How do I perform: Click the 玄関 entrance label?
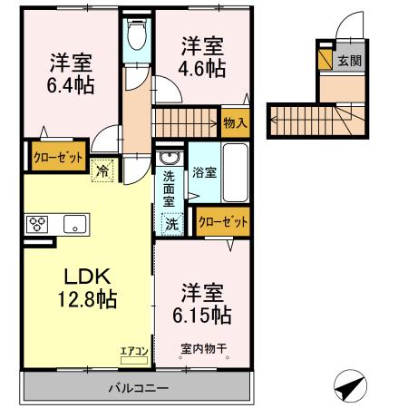click(x=349, y=62)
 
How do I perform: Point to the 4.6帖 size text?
click(x=200, y=66)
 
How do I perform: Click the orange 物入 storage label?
click(x=234, y=121)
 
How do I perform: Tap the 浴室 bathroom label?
click(x=205, y=172)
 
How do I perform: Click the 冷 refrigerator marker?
click(x=102, y=169)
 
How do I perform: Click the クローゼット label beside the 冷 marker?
click(x=58, y=155)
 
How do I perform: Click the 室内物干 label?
click(x=202, y=347)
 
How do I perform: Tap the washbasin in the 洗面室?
click(x=169, y=160)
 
